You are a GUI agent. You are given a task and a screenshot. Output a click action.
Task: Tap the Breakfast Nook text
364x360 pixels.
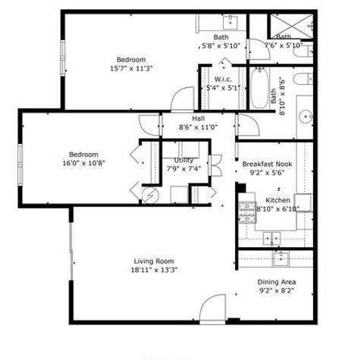[266, 164]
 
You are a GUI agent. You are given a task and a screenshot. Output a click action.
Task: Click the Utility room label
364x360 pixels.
[184, 160]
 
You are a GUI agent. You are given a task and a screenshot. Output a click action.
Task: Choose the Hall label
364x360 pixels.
[198, 119]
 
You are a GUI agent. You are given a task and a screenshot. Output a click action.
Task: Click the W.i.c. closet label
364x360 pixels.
[222, 79]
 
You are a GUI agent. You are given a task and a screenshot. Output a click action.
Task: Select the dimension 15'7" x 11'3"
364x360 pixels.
[131, 67]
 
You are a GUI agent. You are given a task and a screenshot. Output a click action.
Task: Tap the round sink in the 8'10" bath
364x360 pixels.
[306, 117]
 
